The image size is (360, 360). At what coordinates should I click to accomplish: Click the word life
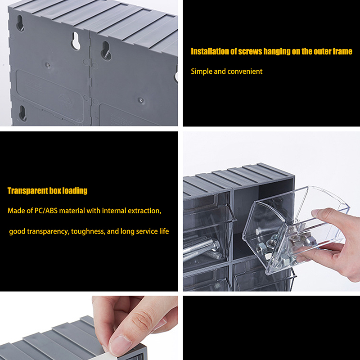tap(164, 231)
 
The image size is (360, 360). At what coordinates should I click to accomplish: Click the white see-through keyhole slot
tap(76, 41)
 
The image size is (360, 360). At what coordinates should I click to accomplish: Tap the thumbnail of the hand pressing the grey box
tap(89, 328)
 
